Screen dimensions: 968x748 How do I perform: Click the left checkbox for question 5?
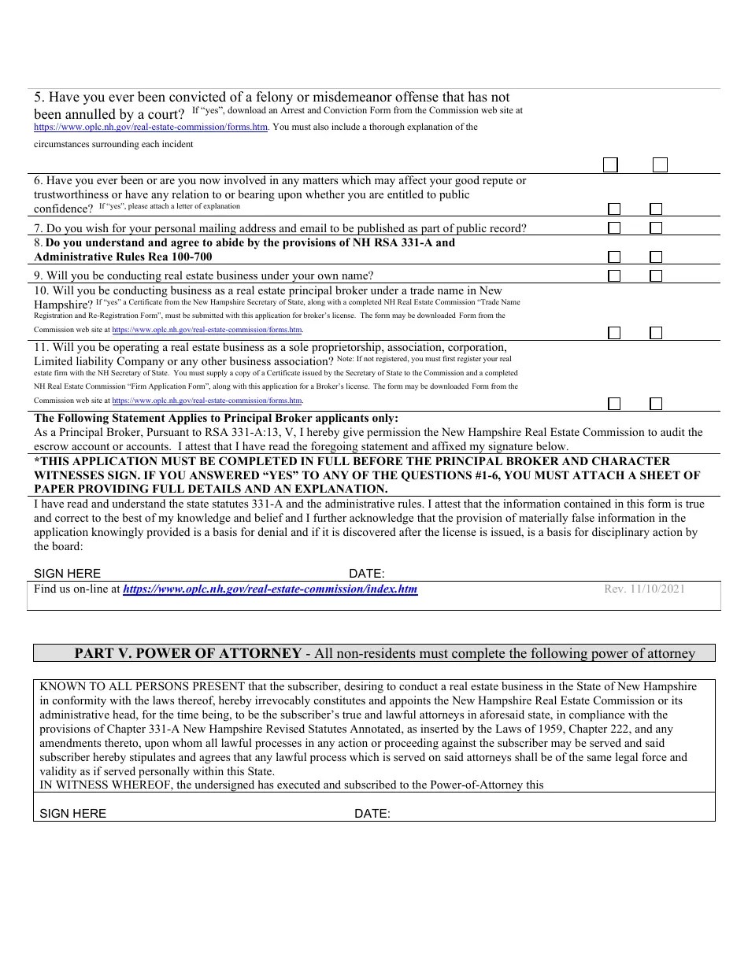click(x=610, y=165)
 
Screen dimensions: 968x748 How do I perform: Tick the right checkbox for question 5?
click(x=660, y=165)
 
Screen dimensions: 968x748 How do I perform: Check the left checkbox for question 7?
click(x=614, y=228)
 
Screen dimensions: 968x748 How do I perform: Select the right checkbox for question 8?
click(x=656, y=257)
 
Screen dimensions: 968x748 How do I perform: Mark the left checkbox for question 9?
click(x=614, y=276)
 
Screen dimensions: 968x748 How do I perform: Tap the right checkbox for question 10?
click(x=656, y=333)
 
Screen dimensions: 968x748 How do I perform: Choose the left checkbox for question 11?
click(x=614, y=404)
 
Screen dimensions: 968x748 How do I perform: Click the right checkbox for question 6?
click(x=656, y=209)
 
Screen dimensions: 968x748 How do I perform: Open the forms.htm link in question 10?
click(x=207, y=331)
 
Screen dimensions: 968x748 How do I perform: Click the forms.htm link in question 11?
click(x=207, y=401)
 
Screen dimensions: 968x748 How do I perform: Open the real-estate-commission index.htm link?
click(x=270, y=589)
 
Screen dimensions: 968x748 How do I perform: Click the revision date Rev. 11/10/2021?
click(x=644, y=589)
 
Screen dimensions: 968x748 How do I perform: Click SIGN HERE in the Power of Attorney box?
click(x=72, y=814)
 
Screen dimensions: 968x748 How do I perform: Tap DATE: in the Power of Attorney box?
click(x=372, y=814)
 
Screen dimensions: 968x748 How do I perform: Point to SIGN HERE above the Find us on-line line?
click(x=67, y=574)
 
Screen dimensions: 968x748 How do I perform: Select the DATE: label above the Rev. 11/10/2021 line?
click(x=366, y=574)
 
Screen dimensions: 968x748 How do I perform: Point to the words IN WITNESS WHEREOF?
click(x=94, y=785)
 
